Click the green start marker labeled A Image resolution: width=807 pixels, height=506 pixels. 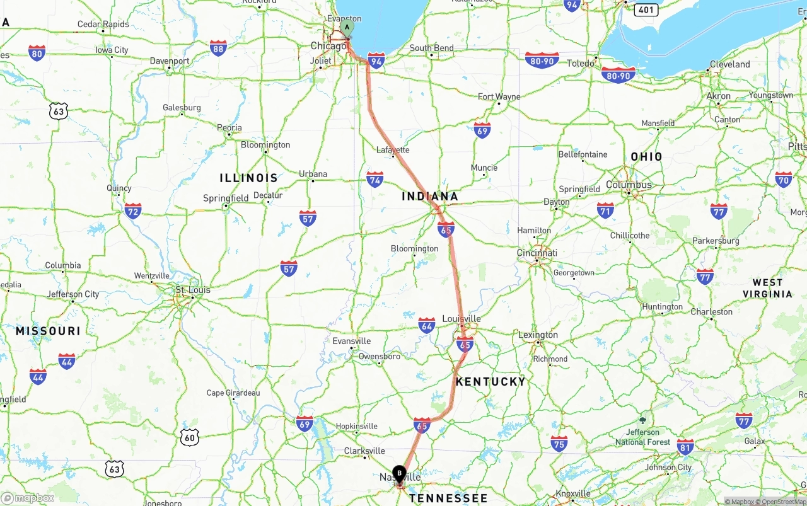tap(347, 28)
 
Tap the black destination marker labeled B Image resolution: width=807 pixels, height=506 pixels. tap(399, 474)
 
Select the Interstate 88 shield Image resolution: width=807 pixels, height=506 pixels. tap(218, 48)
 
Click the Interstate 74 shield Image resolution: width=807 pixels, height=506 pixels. tap(375, 179)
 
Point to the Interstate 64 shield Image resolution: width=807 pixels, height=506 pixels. tap(427, 325)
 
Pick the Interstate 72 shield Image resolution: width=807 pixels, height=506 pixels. tap(133, 210)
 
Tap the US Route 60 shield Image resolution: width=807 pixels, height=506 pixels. tap(189, 437)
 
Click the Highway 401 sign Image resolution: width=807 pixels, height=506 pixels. tap(647, 9)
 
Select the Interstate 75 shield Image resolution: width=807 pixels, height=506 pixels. tap(559, 442)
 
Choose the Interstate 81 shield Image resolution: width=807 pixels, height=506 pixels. tap(685, 447)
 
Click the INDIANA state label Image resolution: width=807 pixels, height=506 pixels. tap(430, 197)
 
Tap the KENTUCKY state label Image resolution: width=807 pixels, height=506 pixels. tap(491, 381)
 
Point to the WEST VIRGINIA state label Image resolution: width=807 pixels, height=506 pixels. tap(767, 288)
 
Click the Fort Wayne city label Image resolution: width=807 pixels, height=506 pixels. tap(499, 96)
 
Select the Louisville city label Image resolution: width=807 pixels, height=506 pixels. tap(462, 319)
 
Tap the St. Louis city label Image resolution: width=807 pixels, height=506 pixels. tap(193, 290)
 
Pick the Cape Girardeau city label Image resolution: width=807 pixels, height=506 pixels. tap(233, 393)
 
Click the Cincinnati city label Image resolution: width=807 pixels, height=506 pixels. tap(537, 253)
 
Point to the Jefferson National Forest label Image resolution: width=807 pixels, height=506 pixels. tap(643, 437)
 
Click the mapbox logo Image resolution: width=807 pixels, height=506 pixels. tap(28, 498)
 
